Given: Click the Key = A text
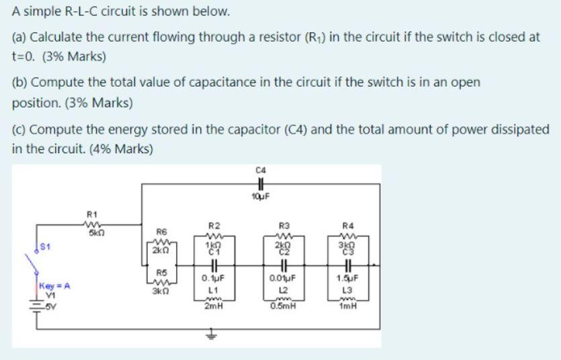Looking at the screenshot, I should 54,285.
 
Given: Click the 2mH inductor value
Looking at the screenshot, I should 212,306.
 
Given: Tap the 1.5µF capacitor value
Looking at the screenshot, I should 347,276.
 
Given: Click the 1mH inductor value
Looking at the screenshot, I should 347,306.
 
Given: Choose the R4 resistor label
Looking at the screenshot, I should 347,225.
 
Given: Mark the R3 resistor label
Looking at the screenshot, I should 282,225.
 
